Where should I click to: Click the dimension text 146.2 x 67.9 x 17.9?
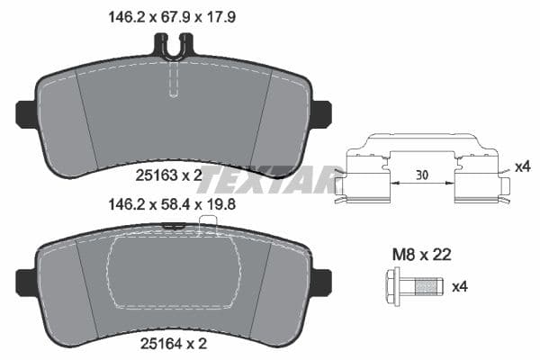173,15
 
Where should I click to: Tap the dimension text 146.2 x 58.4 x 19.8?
173,204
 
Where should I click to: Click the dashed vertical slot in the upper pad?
174,81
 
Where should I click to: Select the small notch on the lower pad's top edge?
178,229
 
